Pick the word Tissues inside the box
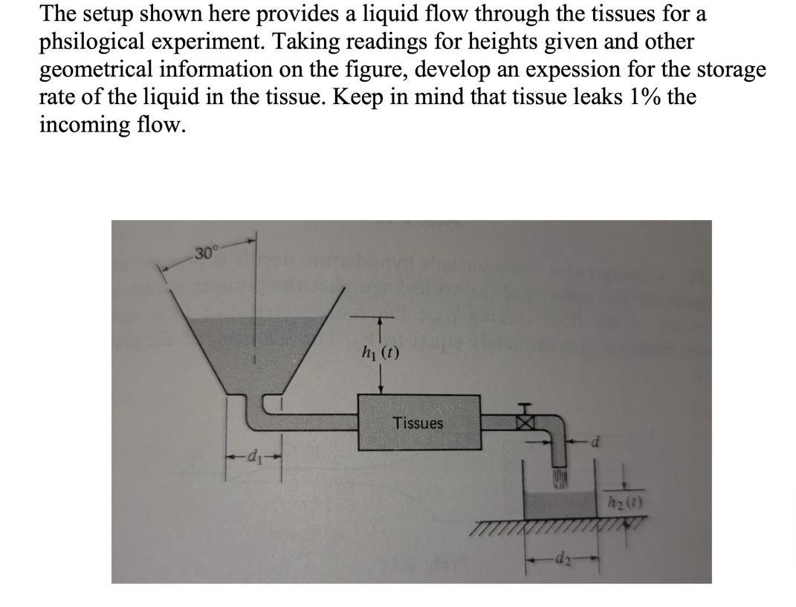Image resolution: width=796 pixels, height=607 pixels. click(418, 423)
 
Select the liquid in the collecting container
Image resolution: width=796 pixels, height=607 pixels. click(565, 505)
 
